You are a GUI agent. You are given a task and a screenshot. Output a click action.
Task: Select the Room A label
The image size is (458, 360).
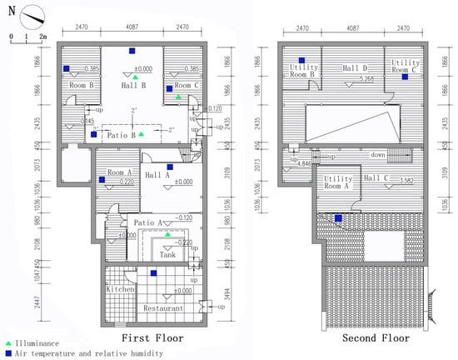click(x=111, y=170)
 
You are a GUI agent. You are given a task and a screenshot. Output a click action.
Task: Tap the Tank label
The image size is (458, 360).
click(x=167, y=255)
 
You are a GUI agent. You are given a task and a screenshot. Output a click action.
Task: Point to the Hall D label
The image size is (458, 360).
click(x=353, y=68)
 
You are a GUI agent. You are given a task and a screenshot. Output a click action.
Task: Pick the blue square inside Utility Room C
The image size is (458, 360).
click(x=406, y=77)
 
